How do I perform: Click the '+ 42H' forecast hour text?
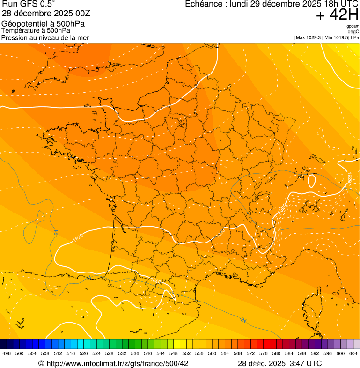(337, 15)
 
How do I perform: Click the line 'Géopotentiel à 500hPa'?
(44, 24)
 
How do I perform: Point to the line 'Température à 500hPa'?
(36, 30)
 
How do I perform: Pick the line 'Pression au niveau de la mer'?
(45, 37)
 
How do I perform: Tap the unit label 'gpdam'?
(353, 26)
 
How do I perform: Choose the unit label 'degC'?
(354, 31)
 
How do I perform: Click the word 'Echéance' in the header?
(201, 4)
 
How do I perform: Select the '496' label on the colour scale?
(7, 353)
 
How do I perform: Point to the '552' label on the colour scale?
(187, 353)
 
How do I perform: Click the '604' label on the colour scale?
(353, 353)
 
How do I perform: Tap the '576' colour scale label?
(264, 353)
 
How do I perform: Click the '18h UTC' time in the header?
(339, 4)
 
